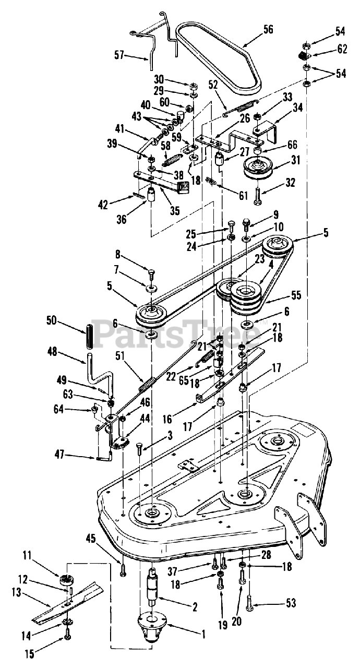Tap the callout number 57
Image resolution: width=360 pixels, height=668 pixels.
pos(120,54)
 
